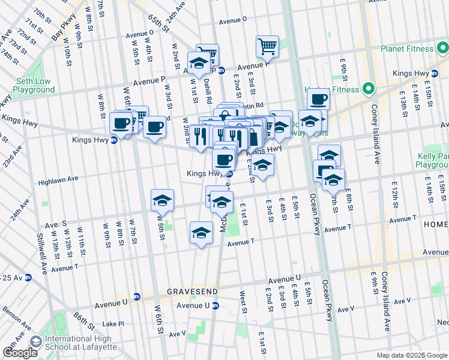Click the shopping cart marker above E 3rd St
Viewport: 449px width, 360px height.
click(267, 46)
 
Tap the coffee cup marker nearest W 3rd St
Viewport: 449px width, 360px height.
click(154, 127)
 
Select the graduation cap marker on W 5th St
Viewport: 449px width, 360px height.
click(162, 200)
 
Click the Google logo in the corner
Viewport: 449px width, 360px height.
click(20, 353)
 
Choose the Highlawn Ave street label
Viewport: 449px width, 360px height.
click(58, 179)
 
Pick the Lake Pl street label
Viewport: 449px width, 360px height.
click(112, 323)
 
